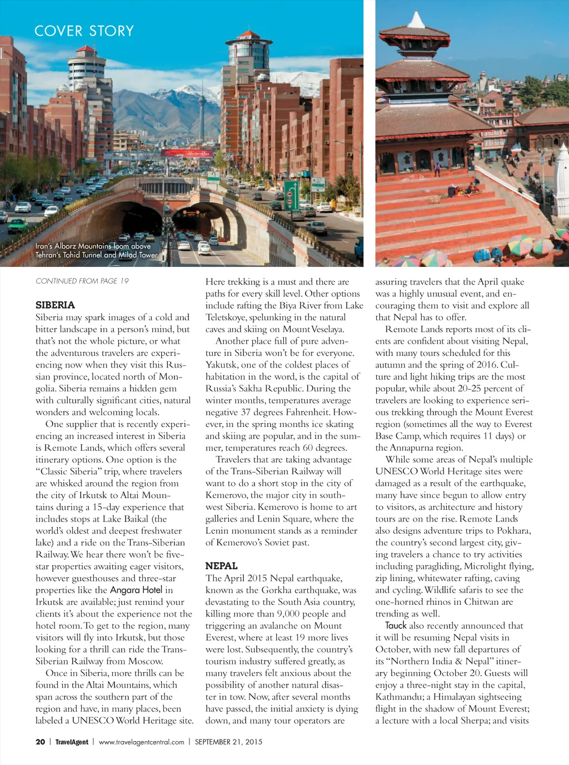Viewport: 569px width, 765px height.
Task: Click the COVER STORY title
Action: coord(84,31)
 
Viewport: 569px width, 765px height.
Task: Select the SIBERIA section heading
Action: coord(55,305)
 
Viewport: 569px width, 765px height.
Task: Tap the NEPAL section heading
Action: coord(221,565)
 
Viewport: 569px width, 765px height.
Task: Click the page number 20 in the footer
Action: coord(40,742)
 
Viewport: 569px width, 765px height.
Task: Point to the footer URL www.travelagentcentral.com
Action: coord(141,742)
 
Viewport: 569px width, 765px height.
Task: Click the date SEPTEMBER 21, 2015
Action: coord(228,742)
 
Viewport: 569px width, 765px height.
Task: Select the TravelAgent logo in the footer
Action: coord(72,742)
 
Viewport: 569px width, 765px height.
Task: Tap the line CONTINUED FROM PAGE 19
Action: coord(82,281)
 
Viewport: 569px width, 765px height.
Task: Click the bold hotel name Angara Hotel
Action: coord(136,590)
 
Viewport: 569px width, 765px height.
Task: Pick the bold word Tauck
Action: coord(396,625)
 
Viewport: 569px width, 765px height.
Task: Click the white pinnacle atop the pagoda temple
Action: coord(416,19)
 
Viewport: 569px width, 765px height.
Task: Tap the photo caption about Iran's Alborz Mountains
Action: coord(97,250)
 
